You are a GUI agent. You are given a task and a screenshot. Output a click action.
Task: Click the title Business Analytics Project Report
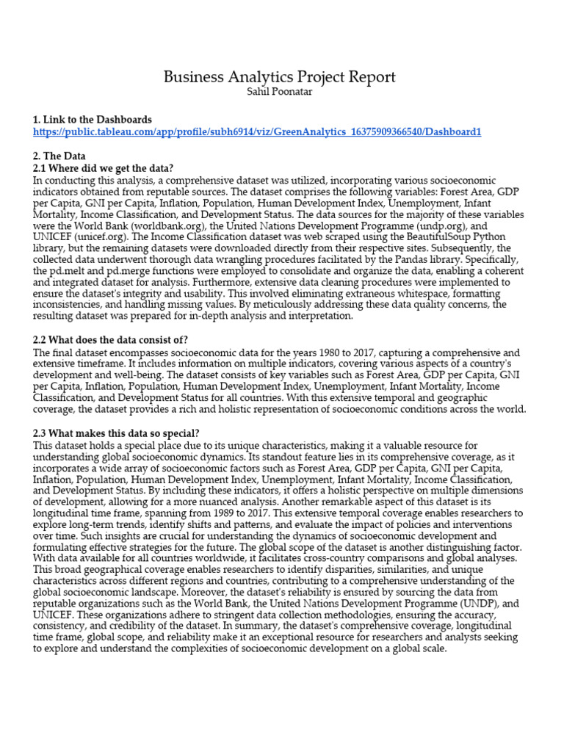point(279,77)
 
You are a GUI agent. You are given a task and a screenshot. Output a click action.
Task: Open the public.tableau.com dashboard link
point(257,132)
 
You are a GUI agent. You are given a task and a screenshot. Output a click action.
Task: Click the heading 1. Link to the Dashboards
point(93,120)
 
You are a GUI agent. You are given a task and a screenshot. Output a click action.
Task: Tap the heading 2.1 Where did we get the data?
point(103,168)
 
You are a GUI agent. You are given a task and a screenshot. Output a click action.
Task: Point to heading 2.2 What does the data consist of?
point(110,339)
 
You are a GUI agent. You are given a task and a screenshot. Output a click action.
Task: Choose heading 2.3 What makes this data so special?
point(116,433)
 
